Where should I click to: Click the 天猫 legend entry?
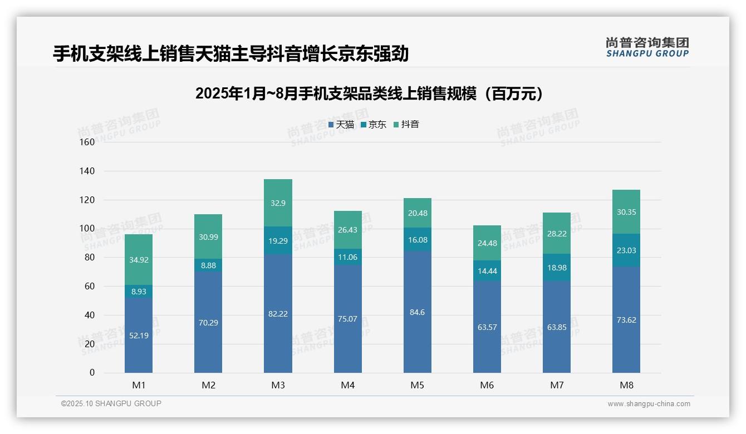pyautogui.click(x=341, y=125)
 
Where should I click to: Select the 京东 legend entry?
pyautogui.click(x=374, y=125)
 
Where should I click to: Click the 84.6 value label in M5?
pyautogui.click(x=417, y=312)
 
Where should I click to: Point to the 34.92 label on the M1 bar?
pyautogui.click(x=139, y=260)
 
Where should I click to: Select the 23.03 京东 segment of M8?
pyautogui.click(x=626, y=250)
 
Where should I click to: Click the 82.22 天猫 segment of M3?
pyautogui.click(x=278, y=314)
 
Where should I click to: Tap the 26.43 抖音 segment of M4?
pyautogui.click(x=347, y=230)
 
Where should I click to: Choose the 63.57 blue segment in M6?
pyautogui.click(x=487, y=327)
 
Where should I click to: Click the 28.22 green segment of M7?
pyautogui.click(x=557, y=233)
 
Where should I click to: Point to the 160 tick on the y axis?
pyautogui.click(x=87, y=142)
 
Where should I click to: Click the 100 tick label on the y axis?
pyautogui.click(x=87, y=229)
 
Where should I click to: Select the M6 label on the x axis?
pyautogui.click(x=487, y=385)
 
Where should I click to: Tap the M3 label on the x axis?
pyautogui.click(x=278, y=385)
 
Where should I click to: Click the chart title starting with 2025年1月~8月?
pyautogui.click(x=369, y=93)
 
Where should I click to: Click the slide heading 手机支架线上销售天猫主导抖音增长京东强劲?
pyautogui.click(x=231, y=54)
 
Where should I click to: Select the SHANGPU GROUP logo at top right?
pyautogui.click(x=647, y=47)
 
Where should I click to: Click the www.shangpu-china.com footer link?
pyautogui.click(x=649, y=404)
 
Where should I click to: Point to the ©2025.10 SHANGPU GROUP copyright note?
pyautogui.click(x=111, y=404)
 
